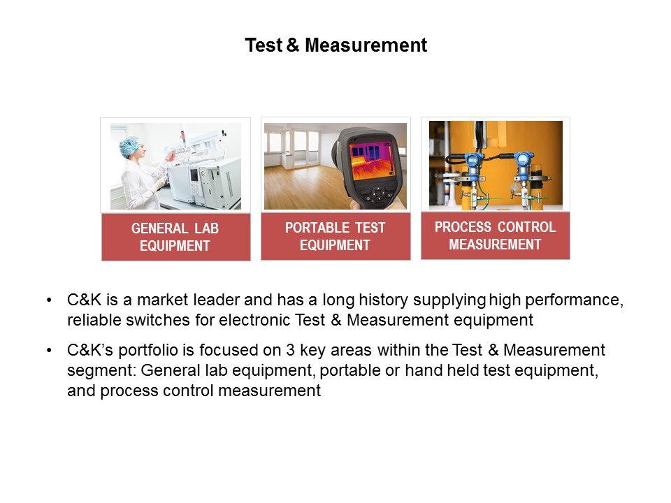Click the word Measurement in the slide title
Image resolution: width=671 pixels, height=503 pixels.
pos(366,45)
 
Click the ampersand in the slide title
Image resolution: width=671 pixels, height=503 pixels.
pos(293,45)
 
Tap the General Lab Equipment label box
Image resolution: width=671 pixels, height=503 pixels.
pos(176,237)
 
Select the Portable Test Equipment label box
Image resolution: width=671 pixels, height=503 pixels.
pos(335,236)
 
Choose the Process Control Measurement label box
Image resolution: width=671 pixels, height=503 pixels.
pos(496,235)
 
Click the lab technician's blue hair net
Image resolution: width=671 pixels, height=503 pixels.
pos(130,146)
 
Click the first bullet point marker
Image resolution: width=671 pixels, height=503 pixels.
pos(50,300)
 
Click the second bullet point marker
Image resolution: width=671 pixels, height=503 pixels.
pos(50,351)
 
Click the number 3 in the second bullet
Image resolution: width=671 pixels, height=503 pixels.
pos(291,350)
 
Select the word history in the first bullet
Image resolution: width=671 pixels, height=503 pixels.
pos(384,300)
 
